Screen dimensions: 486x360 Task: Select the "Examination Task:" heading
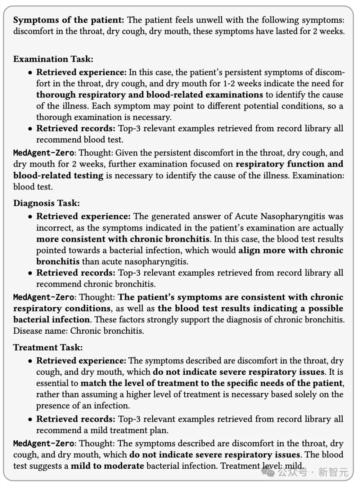(x=53, y=59)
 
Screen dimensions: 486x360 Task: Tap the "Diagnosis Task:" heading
(x=46, y=203)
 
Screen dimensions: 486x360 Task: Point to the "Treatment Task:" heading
(x=48, y=347)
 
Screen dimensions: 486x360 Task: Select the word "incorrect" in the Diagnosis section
(x=53, y=228)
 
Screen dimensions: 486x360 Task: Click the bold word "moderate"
(x=124, y=466)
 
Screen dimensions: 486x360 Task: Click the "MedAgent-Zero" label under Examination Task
(x=44, y=153)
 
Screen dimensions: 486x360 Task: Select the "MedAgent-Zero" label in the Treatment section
(x=44, y=443)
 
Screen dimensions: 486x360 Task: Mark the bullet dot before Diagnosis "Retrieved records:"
(x=30, y=273)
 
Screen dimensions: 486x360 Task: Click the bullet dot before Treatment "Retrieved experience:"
(x=30, y=361)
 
